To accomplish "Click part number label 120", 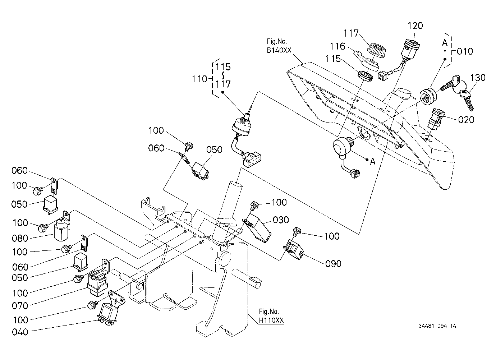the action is [x=415, y=26].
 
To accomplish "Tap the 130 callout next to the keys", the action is [x=478, y=78].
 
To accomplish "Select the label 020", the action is [x=466, y=120].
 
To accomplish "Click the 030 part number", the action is [x=281, y=220].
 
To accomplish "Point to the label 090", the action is [x=333, y=264].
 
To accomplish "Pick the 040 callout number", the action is [x=20, y=332].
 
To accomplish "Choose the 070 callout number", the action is [x=20, y=306].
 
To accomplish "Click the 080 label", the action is [x=20, y=239].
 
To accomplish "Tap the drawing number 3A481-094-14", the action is [x=437, y=326].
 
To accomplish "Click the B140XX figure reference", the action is [x=279, y=51].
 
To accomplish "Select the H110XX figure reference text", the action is [x=271, y=320].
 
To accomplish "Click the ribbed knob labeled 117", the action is [x=376, y=51].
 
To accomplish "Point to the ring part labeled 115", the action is [x=366, y=75].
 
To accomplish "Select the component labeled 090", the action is [x=294, y=249].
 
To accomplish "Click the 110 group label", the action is [x=199, y=79].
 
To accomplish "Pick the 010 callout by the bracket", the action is [x=465, y=51].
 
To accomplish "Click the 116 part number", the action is [x=337, y=46].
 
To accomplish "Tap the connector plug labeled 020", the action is [x=436, y=119].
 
